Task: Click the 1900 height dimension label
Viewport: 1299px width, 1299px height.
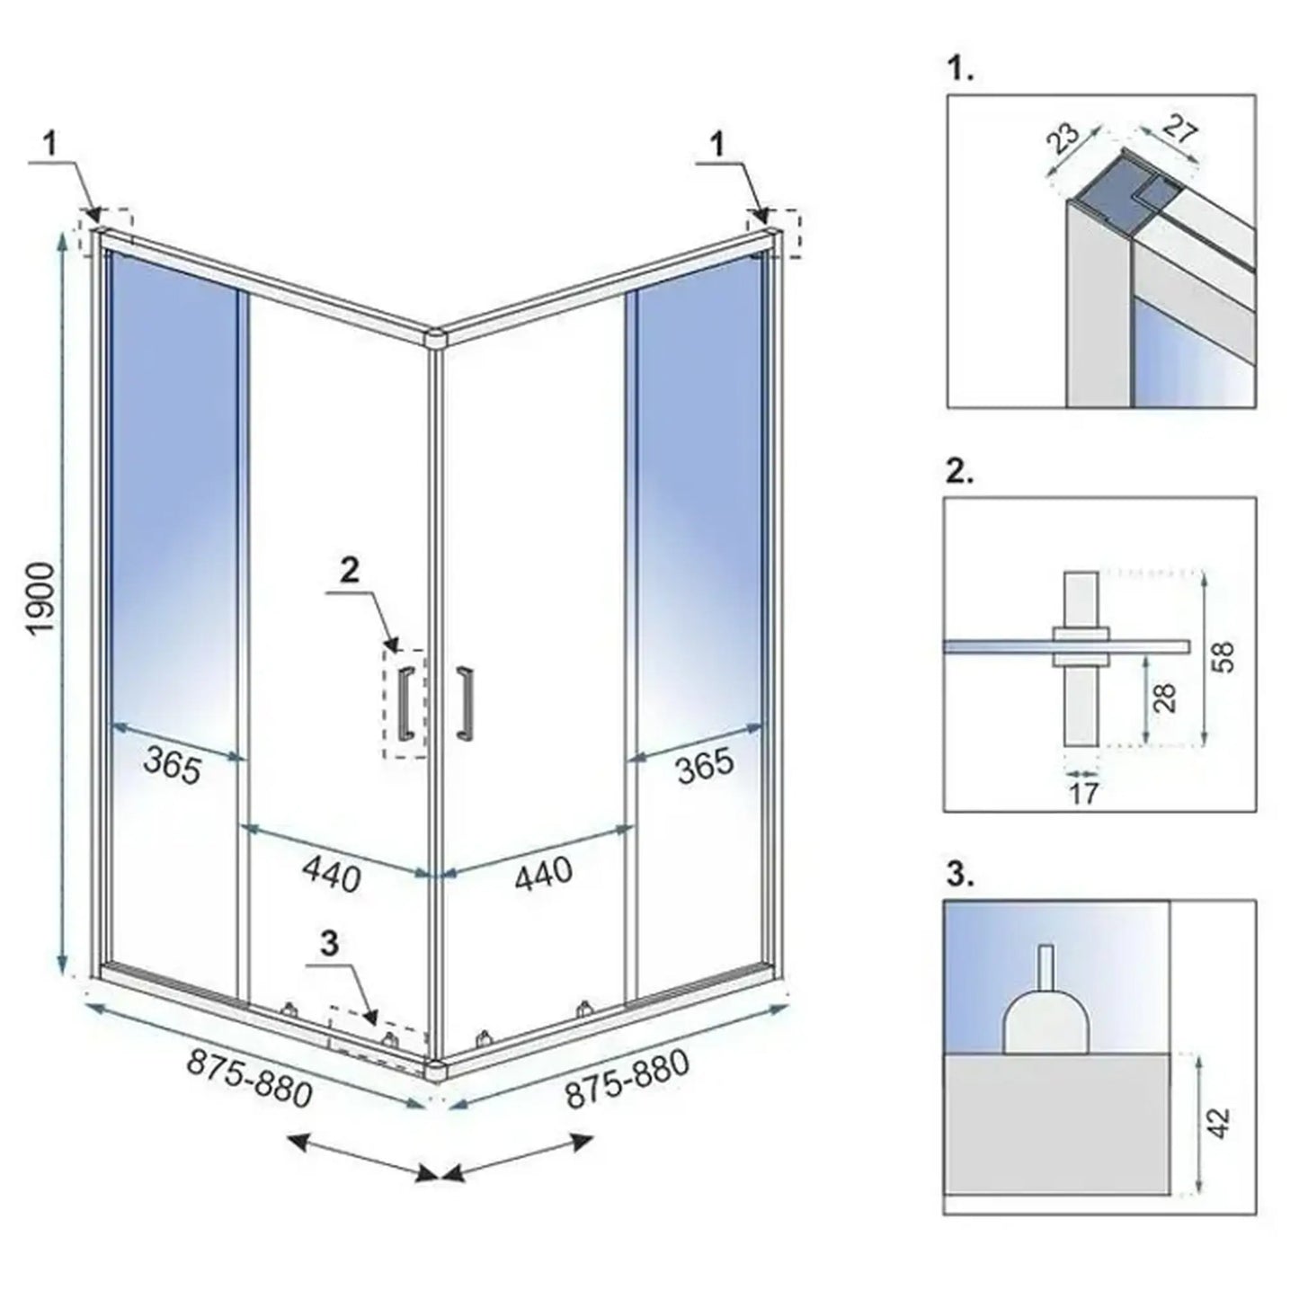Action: pyautogui.click(x=44, y=600)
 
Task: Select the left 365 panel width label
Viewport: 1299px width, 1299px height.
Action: pyautogui.click(x=173, y=767)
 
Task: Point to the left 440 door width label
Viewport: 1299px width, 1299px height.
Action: pyautogui.click(x=332, y=873)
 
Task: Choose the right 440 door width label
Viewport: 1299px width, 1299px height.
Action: pyautogui.click(x=543, y=873)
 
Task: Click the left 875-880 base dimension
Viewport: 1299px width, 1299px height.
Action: pyautogui.click(x=249, y=1080)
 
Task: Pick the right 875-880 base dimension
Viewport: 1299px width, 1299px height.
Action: pyautogui.click(x=627, y=1080)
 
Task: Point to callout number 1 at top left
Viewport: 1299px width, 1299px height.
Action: pyautogui.click(x=52, y=145)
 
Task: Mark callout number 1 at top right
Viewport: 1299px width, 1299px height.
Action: pyautogui.click(x=716, y=144)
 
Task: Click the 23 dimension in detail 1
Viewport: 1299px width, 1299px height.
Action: pyautogui.click(x=1064, y=139)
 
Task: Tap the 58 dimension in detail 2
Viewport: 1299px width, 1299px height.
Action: pyautogui.click(x=1223, y=656)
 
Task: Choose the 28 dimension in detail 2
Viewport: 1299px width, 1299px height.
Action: pyautogui.click(x=1165, y=698)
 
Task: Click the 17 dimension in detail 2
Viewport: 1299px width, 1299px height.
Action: pyautogui.click(x=1084, y=793)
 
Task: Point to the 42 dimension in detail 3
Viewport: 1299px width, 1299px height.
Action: pyautogui.click(x=1221, y=1123)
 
